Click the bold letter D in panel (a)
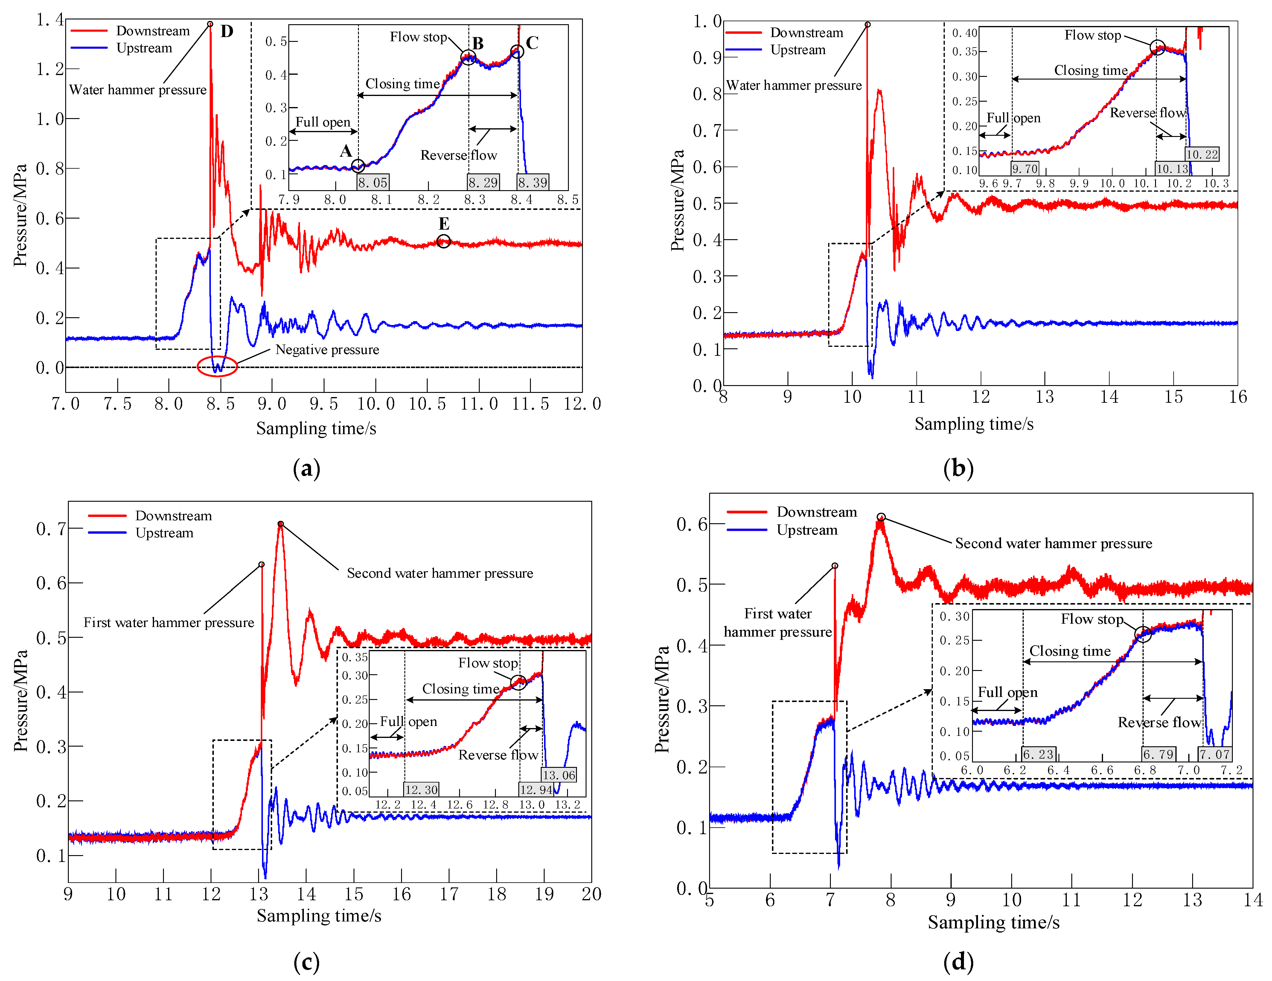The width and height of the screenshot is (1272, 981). tap(227, 31)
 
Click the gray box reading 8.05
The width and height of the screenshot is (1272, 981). tap(373, 182)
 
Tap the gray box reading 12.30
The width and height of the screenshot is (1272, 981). tap(421, 789)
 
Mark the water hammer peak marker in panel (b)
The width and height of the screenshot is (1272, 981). tap(867, 25)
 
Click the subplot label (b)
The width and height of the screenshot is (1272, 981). tap(958, 468)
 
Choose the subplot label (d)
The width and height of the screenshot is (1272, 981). tap(958, 962)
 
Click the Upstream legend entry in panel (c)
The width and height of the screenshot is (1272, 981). tap(164, 533)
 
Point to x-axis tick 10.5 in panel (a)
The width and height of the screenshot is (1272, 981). tap(427, 403)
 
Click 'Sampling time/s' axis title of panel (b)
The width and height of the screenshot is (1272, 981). tap(974, 424)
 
